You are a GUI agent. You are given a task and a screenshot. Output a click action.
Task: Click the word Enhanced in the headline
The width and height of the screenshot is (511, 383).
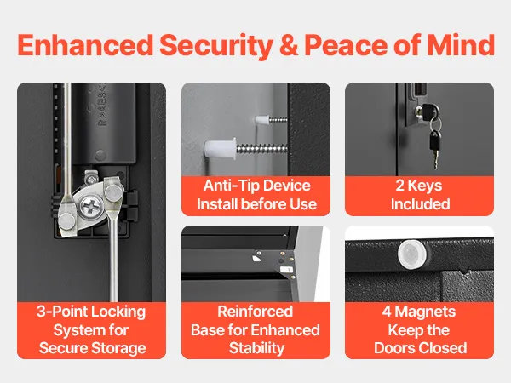click(85, 45)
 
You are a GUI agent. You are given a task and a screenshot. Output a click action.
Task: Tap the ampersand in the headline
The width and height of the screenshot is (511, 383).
click(289, 45)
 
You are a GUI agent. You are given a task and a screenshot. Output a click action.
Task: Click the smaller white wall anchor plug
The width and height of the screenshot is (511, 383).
click(261, 120)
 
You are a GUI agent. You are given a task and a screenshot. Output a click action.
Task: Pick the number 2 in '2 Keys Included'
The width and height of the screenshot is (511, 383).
click(399, 186)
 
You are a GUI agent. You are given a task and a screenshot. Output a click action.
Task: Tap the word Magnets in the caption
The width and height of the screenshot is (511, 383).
click(425, 312)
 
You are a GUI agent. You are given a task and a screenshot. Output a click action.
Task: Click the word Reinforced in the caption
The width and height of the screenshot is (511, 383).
click(255, 312)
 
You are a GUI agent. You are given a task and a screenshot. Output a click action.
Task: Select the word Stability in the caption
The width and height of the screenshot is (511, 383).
click(257, 348)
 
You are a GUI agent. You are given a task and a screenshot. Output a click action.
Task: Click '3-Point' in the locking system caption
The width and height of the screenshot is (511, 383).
click(59, 312)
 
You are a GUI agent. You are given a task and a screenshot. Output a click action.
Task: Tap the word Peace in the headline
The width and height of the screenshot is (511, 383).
click(346, 45)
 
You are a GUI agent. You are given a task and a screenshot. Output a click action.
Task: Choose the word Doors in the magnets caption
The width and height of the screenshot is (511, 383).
click(393, 348)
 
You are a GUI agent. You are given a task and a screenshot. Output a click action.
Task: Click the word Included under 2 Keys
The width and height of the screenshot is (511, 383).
click(421, 204)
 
